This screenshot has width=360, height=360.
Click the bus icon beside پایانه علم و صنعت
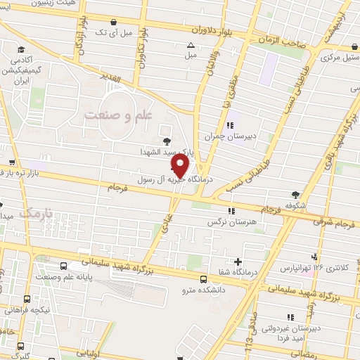tap(65, 266)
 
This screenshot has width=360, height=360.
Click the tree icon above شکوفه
tap(297, 195)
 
